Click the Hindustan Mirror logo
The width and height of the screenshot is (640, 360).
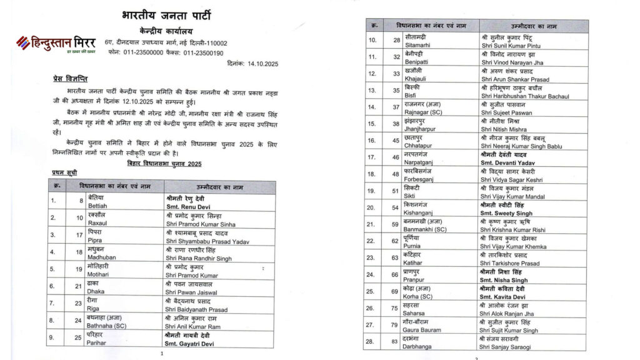56,44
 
